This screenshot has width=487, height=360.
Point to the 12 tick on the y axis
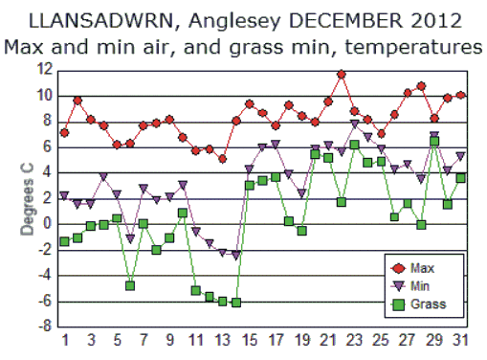[x=44, y=70]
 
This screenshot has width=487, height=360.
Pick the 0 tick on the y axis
[x=47, y=224]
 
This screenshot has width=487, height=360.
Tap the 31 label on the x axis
[x=460, y=342]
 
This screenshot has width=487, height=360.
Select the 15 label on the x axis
[x=249, y=342]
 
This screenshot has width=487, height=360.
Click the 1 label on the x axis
[x=65, y=342]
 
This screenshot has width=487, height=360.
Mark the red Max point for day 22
[x=342, y=75]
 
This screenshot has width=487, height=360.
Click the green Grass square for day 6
[x=130, y=285]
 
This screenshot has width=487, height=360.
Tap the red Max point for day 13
[x=223, y=159]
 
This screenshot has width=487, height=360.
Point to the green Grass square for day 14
[x=236, y=303]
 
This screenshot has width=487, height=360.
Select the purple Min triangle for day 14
[x=236, y=256]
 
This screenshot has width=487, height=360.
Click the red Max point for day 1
[x=64, y=132]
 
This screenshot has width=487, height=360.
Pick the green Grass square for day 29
[x=434, y=141]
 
